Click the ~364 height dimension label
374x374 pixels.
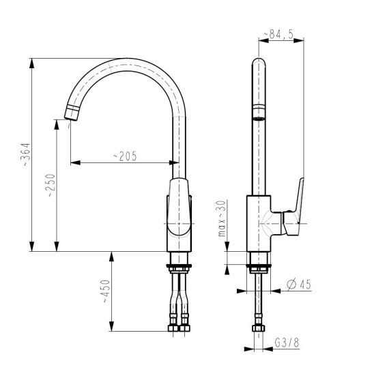pyautogui.click(x=27, y=154)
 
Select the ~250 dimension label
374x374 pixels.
pyautogui.click(x=51, y=186)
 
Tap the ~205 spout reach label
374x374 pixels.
pyautogui.click(x=125, y=156)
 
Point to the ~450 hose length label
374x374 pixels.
pyautogui.click(x=106, y=291)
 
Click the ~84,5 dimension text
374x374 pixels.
pyautogui.click(x=278, y=35)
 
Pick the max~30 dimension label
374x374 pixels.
pyautogui.click(x=222, y=218)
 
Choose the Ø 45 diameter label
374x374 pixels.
pyautogui.click(x=299, y=285)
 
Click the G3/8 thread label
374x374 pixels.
pyautogui.click(x=287, y=343)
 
